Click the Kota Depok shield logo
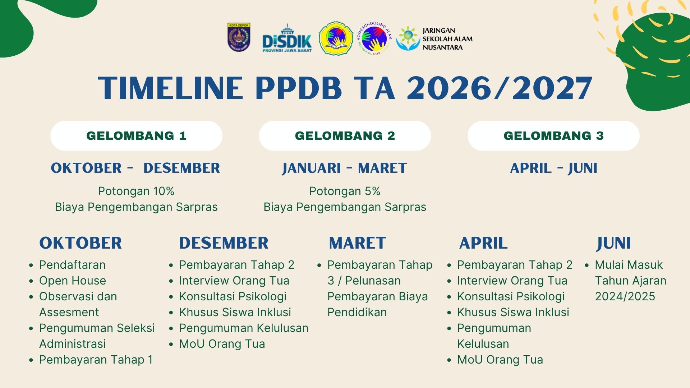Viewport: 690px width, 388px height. tap(239, 37)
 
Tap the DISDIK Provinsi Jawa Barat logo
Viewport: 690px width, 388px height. tap(287, 38)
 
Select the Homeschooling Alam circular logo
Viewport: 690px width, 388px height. tap(374, 38)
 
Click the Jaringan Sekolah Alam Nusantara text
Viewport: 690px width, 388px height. tap(447, 39)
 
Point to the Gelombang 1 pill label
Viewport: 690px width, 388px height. tap(136, 135)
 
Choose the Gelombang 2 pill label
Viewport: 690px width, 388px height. tap(345, 135)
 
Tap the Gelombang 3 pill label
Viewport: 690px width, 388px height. tap(553, 135)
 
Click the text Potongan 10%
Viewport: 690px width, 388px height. tap(136, 191)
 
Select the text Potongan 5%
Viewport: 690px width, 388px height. tap(345, 191)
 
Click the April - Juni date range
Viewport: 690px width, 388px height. tap(554, 168)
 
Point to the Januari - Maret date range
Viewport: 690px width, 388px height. tap(345, 168)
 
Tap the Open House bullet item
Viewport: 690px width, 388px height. tap(73, 281)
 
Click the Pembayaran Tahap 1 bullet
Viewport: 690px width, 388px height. tap(96, 360)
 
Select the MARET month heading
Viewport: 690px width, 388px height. tap(358, 243)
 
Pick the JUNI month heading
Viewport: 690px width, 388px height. tap(613, 243)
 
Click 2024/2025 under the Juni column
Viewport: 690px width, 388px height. tap(625, 296)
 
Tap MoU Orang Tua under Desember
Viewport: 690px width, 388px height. tap(222, 344)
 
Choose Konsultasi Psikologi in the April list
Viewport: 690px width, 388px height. tap(511, 296)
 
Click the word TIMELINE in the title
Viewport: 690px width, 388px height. tap(171, 88)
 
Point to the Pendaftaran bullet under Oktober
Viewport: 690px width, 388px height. tap(72, 265)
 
